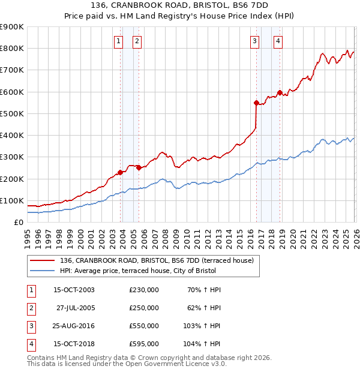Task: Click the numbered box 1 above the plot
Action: (119, 41)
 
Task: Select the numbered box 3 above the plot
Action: (254, 41)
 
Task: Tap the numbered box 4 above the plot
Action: (278, 41)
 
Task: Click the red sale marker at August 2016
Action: (256, 103)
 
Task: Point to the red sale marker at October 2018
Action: (280, 93)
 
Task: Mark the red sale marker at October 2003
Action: (120, 172)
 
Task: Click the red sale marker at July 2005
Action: (139, 168)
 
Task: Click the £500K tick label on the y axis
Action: (12, 113)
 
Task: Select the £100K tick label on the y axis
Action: (12, 200)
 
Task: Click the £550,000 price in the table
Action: (144, 326)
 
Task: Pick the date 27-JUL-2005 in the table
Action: (75, 308)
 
